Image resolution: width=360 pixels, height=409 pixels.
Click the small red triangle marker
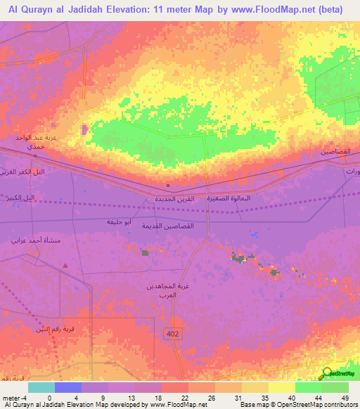[65, 266]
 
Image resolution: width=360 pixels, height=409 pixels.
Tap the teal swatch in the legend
[41, 387]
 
